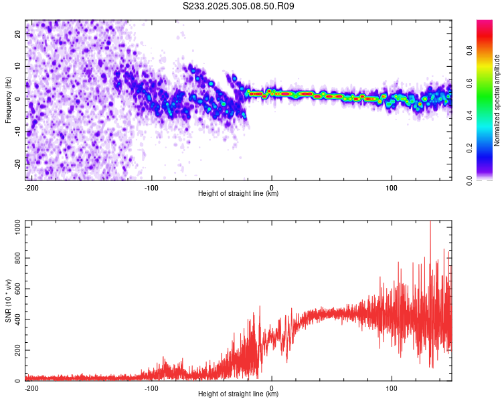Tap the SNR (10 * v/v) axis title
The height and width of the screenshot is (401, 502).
tap(8, 301)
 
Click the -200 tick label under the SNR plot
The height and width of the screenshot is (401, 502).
tap(31, 388)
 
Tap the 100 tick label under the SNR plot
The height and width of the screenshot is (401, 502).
tap(392, 388)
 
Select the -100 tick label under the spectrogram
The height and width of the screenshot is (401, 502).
tap(151, 187)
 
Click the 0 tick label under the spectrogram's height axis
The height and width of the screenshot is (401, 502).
tap(272, 187)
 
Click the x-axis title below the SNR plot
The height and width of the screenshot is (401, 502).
tap(238, 394)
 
